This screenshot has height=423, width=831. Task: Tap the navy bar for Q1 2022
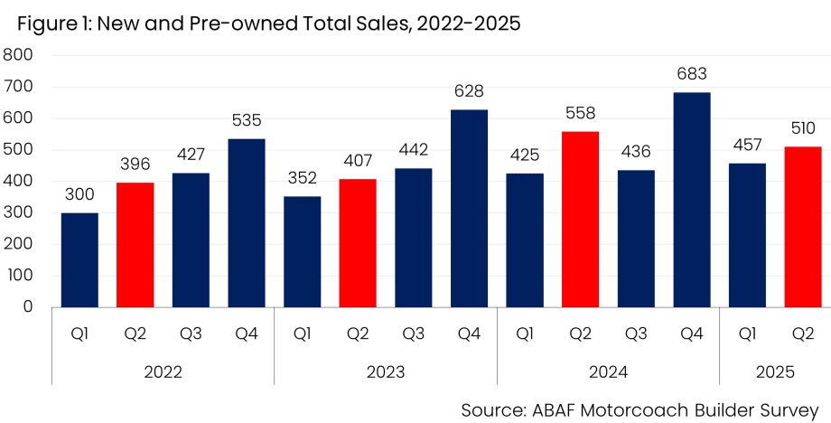(80, 260)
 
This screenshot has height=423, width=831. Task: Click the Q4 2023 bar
(469, 209)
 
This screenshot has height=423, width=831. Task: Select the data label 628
(469, 91)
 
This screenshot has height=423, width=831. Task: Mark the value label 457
(747, 146)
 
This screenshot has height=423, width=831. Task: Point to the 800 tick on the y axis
(19, 55)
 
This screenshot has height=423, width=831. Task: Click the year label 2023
(386, 371)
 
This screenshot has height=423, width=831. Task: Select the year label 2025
(774, 371)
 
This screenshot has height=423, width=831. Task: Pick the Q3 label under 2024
(636, 334)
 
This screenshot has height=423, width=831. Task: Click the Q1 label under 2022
(80, 334)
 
